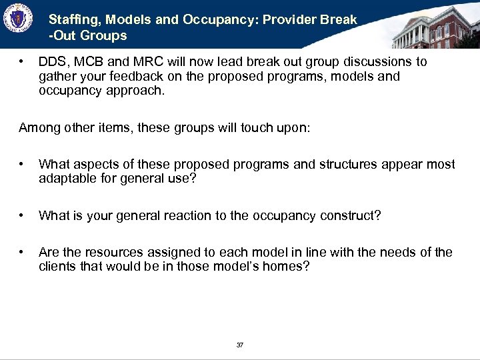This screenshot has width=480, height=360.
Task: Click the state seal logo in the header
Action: (x=19, y=19)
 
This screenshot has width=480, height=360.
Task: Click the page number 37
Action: (x=240, y=345)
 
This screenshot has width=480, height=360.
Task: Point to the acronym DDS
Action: (x=51, y=62)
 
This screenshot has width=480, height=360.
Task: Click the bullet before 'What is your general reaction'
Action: (x=23, y=215)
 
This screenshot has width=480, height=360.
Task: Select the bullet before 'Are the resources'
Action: (x=23, y=252)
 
